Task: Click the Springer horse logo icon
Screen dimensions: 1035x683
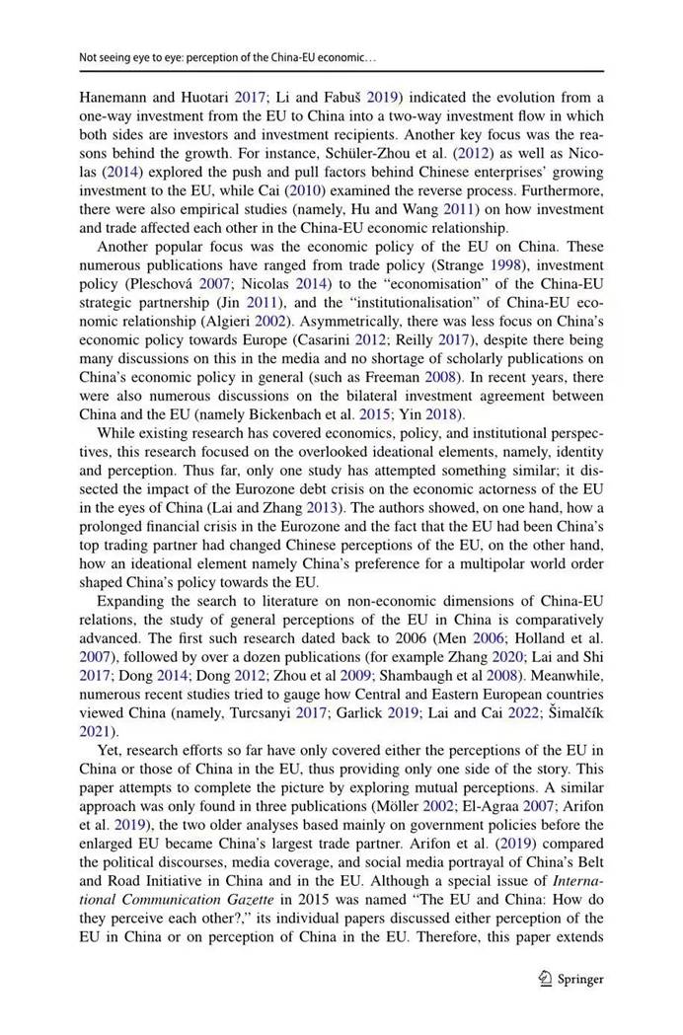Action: [545, 979]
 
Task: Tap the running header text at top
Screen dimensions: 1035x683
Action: [228, 58]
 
